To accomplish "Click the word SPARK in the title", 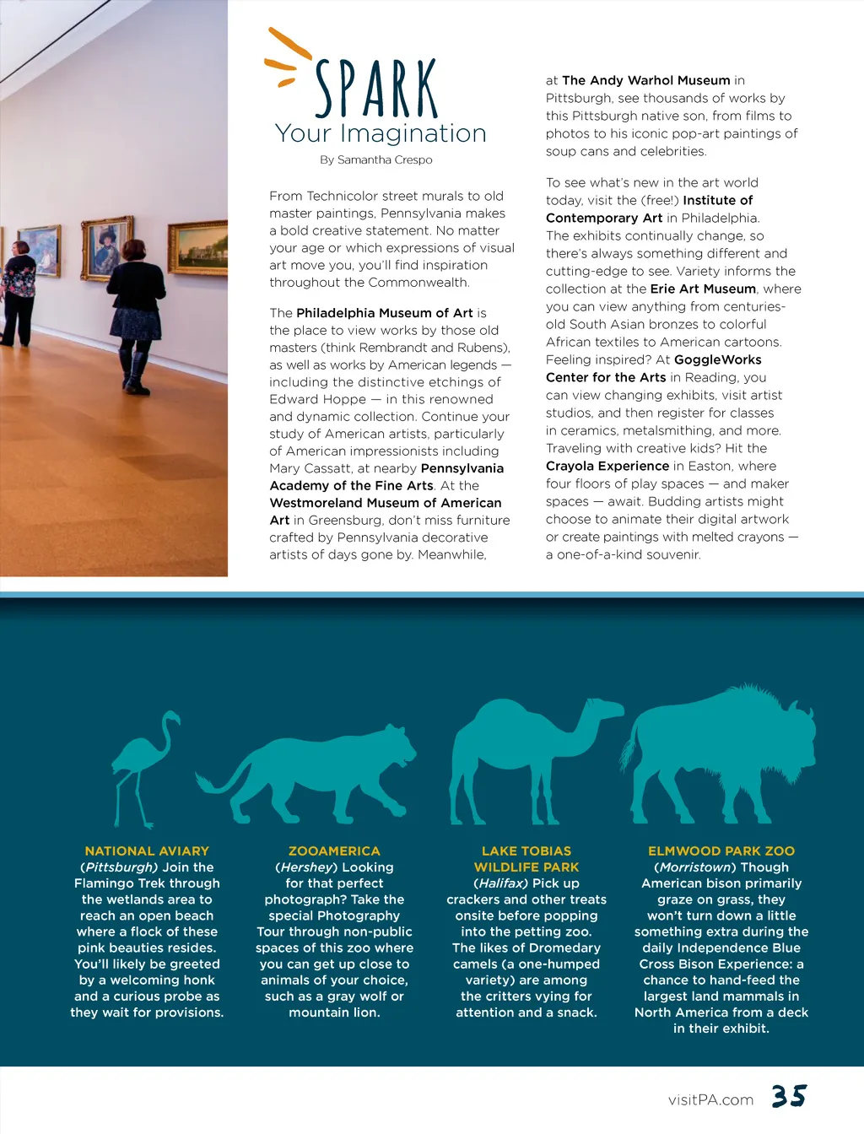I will [376, 89].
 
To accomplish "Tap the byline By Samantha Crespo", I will [375, 159].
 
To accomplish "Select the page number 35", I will [789, 1096].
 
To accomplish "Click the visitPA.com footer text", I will [710, 1099].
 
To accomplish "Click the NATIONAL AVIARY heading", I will [147, 851].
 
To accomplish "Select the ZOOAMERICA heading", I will [334, 851].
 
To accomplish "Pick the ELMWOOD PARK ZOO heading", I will [721, 851].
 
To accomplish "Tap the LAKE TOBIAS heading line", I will [526, 851].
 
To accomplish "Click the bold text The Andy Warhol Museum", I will [645, 80].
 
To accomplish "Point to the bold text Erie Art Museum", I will [703, 289].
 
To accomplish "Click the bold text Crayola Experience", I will [607, 466].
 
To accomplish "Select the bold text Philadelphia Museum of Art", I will [385, 313].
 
